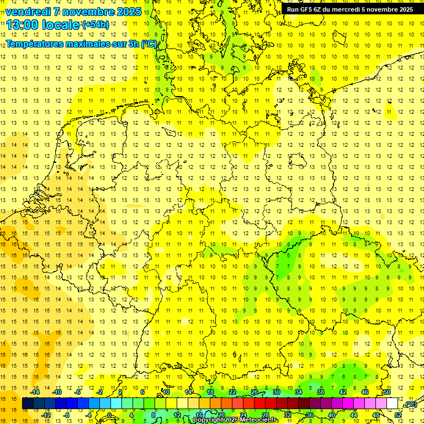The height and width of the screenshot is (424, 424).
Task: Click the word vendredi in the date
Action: [30, 12]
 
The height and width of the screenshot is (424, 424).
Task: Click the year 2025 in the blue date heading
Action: [126, 12]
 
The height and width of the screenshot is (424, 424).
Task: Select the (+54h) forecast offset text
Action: [95, 24]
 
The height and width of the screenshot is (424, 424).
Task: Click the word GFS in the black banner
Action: [313, 9]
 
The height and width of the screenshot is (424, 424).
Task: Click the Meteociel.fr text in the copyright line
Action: [259, 420]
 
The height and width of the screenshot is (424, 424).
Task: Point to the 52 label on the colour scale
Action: [398, 415]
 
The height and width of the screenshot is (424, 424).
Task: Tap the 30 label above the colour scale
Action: [276, 392]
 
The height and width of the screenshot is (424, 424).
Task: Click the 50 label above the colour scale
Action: [386, 392]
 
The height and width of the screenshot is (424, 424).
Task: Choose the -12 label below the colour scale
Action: [46, 415]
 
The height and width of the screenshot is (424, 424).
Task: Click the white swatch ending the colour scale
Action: [392, 404]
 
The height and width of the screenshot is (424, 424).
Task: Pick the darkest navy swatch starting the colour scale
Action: [28, 404]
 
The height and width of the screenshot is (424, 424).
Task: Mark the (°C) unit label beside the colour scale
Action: [410, 404]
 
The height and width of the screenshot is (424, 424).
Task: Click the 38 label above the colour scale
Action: [320, 392]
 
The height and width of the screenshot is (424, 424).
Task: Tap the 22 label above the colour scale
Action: [232, 392]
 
